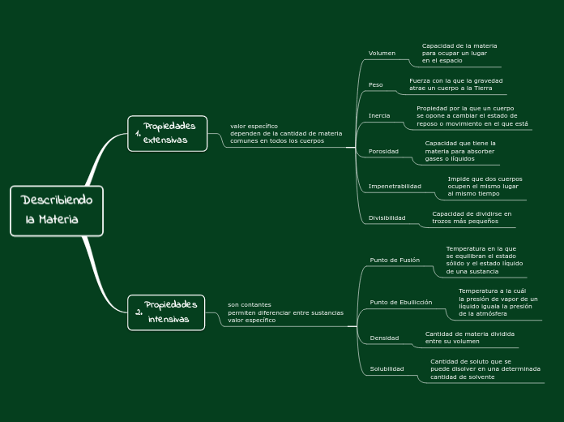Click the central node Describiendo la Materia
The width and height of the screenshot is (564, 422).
[57, 210]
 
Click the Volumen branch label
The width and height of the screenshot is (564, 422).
[382, 54]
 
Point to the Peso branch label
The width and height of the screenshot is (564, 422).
[376, 84]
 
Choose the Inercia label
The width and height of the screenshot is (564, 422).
[379, 115]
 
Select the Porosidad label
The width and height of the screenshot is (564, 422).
[383, 151]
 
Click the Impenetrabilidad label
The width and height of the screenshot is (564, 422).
[395, 186]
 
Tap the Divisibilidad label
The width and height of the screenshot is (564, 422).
[387, 217]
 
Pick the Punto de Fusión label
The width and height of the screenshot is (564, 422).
[395, 260]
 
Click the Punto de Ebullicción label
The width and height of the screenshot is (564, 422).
[400, 302]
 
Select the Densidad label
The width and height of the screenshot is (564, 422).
[384, 338]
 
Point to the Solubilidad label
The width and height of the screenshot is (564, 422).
[387, 368]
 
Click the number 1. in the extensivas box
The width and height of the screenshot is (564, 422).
[138, 135]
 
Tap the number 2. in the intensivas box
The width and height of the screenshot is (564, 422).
[139, 312]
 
